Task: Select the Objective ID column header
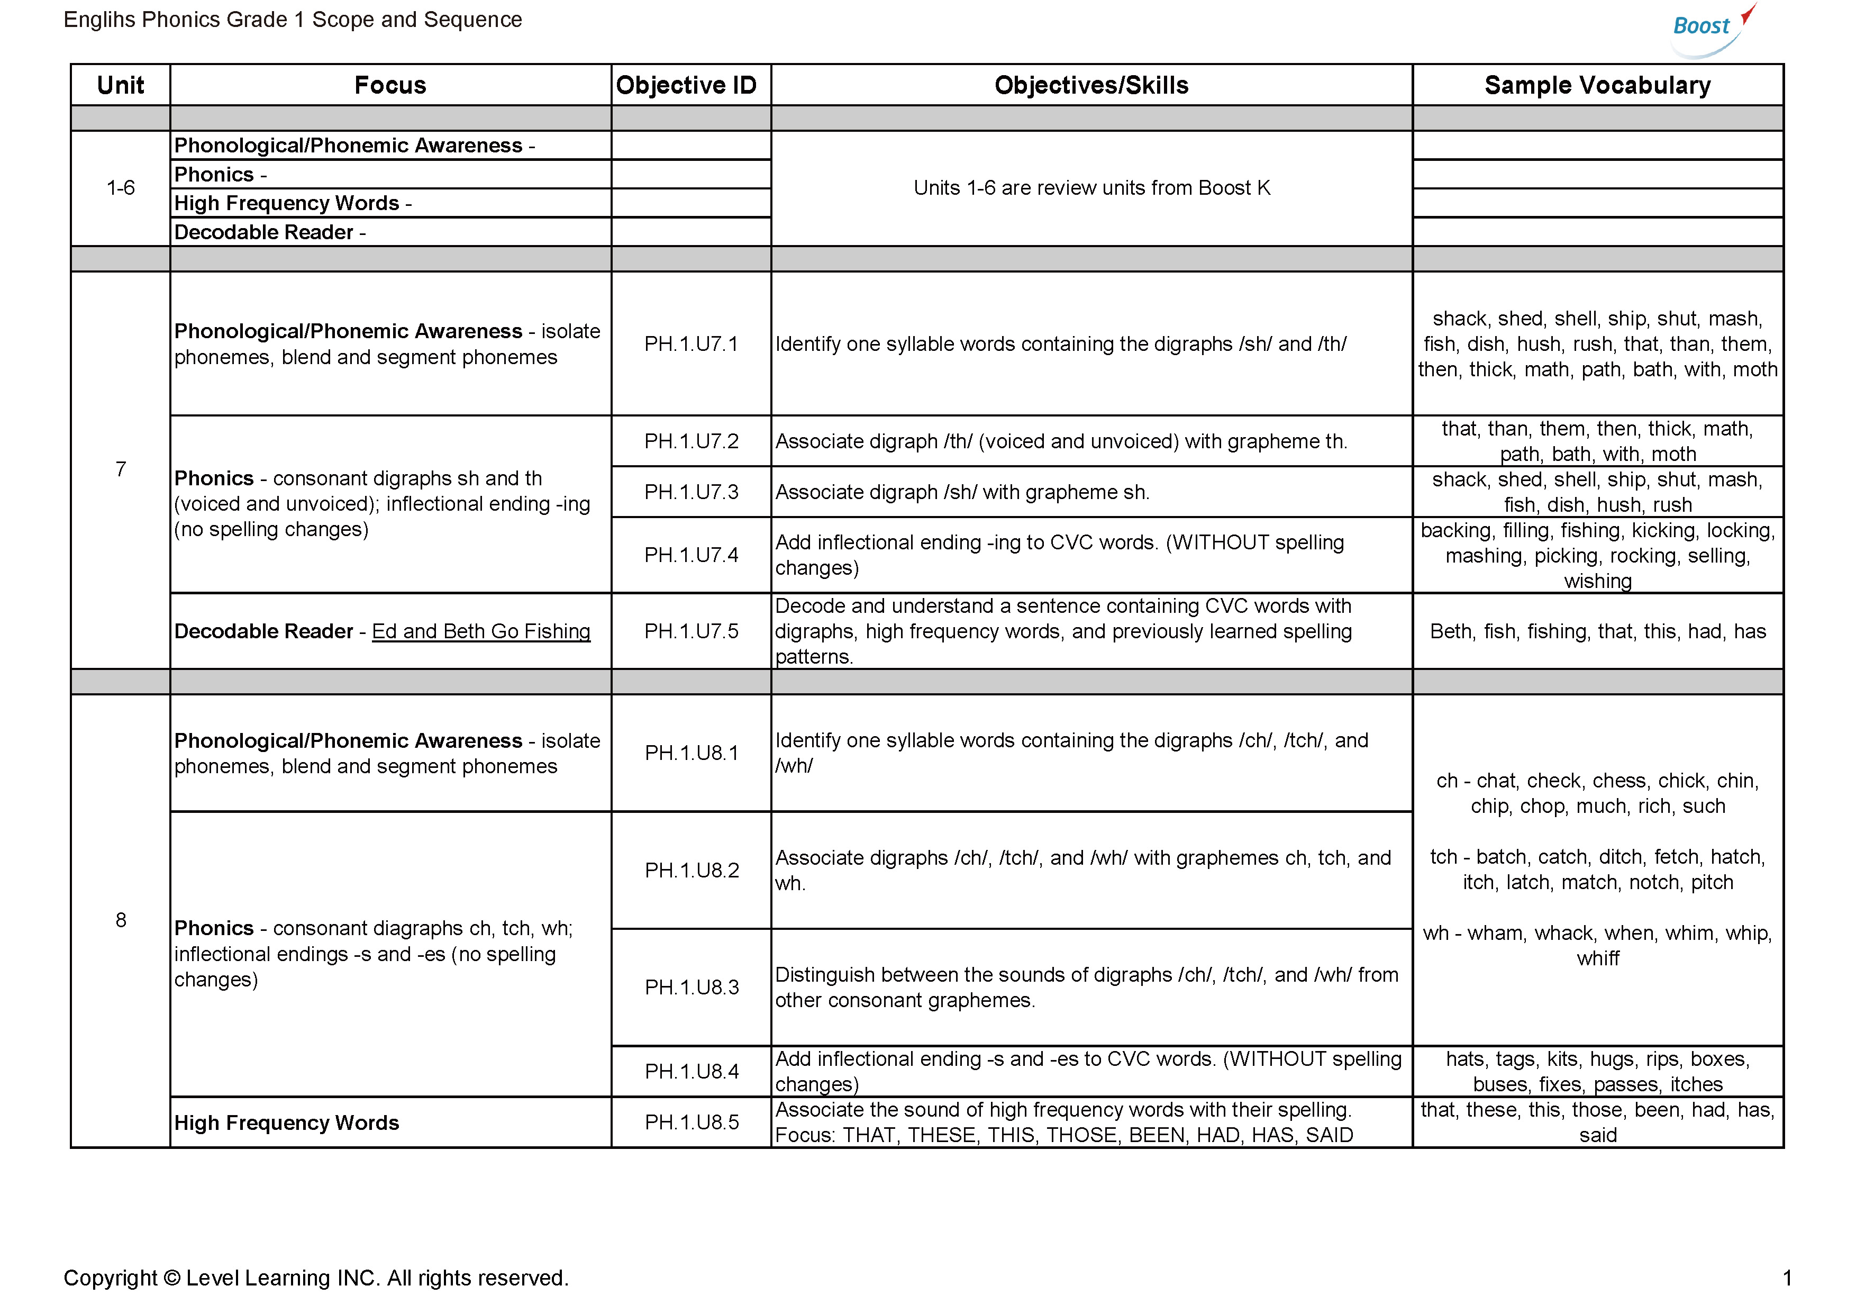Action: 686,85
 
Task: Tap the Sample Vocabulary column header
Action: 1597,85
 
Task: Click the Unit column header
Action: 121,85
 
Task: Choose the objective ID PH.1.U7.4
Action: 691,555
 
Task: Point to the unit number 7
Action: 121,469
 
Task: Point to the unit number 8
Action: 121,920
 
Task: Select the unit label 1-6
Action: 121,187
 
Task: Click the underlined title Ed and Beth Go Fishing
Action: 481,631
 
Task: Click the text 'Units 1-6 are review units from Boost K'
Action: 1091,187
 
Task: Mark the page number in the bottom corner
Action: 1787,1278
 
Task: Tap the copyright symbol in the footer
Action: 171,1278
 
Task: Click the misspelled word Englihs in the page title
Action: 99,20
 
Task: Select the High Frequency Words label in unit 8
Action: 286,1123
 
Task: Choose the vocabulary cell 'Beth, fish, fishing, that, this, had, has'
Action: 1597,631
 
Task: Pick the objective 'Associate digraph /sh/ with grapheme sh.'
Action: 962,492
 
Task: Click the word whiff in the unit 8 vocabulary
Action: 1597,959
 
